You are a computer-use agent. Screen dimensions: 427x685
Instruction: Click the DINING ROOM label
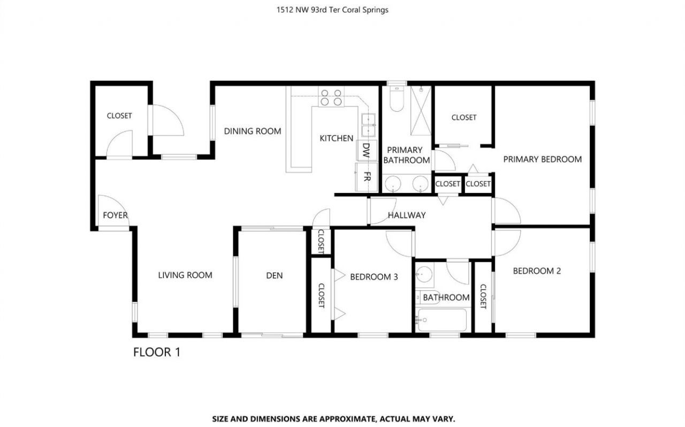(x=252, y=131)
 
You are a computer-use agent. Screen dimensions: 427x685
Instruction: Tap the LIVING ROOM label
(x=185, y=275)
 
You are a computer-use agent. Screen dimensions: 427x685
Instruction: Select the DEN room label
(x=274, y=276)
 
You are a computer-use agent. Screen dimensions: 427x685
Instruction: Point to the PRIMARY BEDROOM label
(x=542, y=159)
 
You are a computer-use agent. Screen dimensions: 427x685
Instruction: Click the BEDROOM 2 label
(x=537, y=271)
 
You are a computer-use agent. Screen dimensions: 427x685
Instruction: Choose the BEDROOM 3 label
(x=374, y=277)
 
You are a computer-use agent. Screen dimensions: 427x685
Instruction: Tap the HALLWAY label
(x=407, y=215)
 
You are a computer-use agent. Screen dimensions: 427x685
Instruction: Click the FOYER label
(x=115, y=215)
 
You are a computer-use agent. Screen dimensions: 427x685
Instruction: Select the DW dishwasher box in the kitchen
(x=367, y=150)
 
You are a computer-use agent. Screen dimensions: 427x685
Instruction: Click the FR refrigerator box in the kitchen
(x=367, y=177)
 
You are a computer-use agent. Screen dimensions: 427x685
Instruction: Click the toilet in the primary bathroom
(x=397, y=99)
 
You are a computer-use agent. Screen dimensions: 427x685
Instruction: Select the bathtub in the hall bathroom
(x=442, y=320)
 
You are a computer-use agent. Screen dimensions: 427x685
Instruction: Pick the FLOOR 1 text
(x=156, y=352)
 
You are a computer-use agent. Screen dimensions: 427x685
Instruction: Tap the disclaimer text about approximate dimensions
(x=333, y=419)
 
